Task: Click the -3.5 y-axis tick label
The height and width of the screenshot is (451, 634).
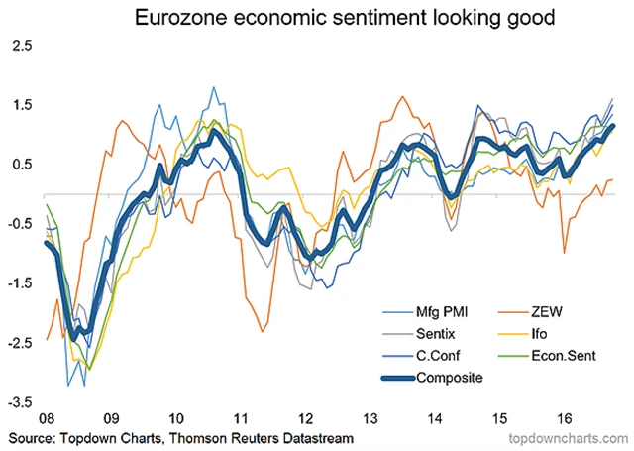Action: [20, 403]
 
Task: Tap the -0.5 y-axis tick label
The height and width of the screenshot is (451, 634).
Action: [20, 224]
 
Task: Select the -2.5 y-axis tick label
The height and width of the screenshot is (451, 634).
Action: [20, 343]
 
